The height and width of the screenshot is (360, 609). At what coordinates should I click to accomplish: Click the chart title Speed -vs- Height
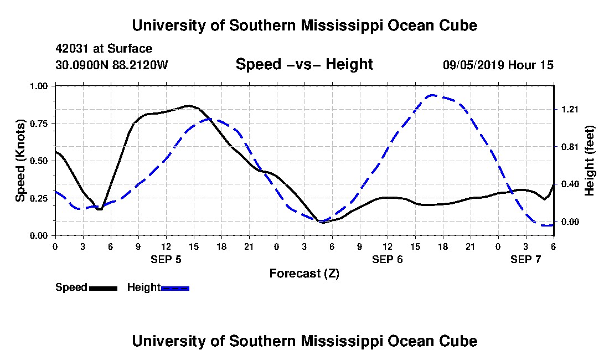coord(304,64)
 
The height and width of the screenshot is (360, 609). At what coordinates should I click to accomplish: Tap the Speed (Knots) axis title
coord(20,161)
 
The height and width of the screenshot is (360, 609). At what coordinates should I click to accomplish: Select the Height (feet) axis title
coord(589,161)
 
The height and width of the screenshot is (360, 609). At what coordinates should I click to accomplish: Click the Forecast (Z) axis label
coord(304,273)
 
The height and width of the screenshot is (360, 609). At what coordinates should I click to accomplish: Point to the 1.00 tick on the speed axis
coord(39,86)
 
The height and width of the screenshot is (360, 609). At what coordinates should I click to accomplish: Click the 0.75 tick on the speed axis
coord(39,123)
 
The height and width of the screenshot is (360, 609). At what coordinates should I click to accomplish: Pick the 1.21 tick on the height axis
coord(569,109)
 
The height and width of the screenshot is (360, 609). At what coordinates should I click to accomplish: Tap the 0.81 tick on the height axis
coord(569,147)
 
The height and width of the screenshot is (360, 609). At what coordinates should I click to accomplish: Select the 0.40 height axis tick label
coord(569,184)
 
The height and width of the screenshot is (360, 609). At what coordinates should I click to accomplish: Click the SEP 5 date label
coord(166,259)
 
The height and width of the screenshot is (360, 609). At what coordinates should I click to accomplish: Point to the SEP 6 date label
coord(387,259)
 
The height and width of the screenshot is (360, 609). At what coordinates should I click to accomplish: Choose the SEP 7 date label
coord(525,259)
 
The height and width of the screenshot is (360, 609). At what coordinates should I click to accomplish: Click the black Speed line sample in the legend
coord(103,288)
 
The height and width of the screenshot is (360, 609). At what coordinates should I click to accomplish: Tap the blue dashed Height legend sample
coord(175,288)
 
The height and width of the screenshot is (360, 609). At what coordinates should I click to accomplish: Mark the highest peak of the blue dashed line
coord(432,95)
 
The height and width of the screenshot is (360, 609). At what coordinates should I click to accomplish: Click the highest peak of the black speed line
coord(188,105)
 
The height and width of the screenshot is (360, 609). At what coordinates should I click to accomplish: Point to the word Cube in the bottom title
coord(459,341)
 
